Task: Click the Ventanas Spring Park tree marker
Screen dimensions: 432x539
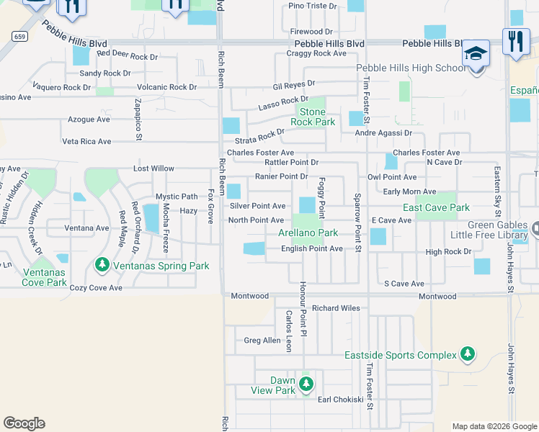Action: coord(102,266)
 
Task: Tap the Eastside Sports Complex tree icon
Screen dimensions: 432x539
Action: coord(468,354)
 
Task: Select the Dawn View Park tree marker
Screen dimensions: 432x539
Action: coord(306,382)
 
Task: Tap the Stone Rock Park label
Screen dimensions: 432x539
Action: coord(312,117)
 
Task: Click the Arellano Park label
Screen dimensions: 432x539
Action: coord(308,233)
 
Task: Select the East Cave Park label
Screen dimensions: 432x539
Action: coord(436,208)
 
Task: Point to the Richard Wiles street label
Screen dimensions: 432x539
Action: coord(336,308)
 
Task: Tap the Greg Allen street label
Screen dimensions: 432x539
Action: coord(262,341)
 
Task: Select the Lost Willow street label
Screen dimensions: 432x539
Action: coord(153,168)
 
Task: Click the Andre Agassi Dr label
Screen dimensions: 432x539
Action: coord(383,133)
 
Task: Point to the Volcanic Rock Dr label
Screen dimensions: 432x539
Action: coord(167,87)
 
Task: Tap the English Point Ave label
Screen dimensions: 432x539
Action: coord(311,248)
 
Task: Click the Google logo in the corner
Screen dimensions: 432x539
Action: coord(24,423)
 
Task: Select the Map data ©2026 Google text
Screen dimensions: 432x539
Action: coord(494,426)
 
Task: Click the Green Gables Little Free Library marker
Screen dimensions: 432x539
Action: coord(536,229)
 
